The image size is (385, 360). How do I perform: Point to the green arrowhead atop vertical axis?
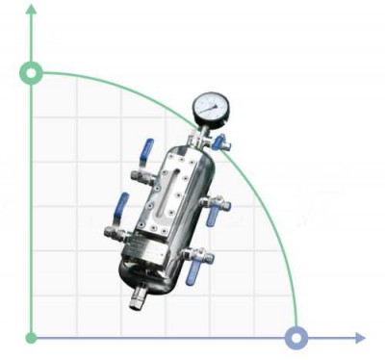[x=32, y=10]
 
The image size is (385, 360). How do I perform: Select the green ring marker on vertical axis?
[x=32, y=73]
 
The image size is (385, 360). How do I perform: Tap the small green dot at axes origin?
[x=32, y=338]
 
